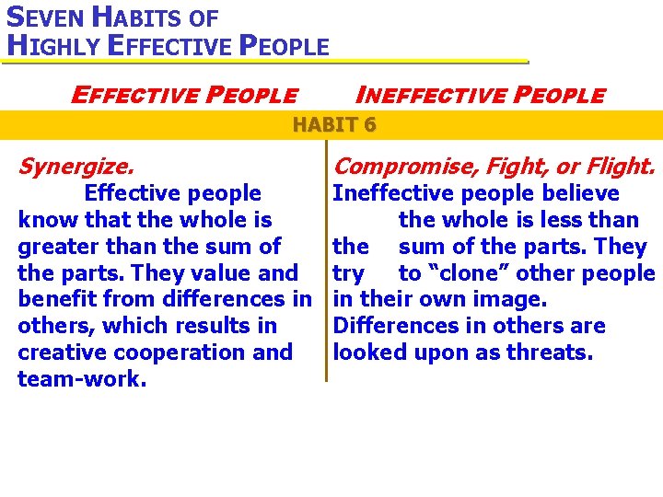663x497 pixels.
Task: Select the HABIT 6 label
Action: [333, 125]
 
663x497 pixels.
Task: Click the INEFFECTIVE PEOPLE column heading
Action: [480, 95]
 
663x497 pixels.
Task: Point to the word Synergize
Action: [76, 167]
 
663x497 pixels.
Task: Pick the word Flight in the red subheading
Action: [619, 167]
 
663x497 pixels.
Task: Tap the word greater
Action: [56, 247]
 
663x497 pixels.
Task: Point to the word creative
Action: [57, 353]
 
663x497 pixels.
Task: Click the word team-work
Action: [82, 379]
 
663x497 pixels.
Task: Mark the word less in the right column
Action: [565, 220]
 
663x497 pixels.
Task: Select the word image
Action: [514, 300]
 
